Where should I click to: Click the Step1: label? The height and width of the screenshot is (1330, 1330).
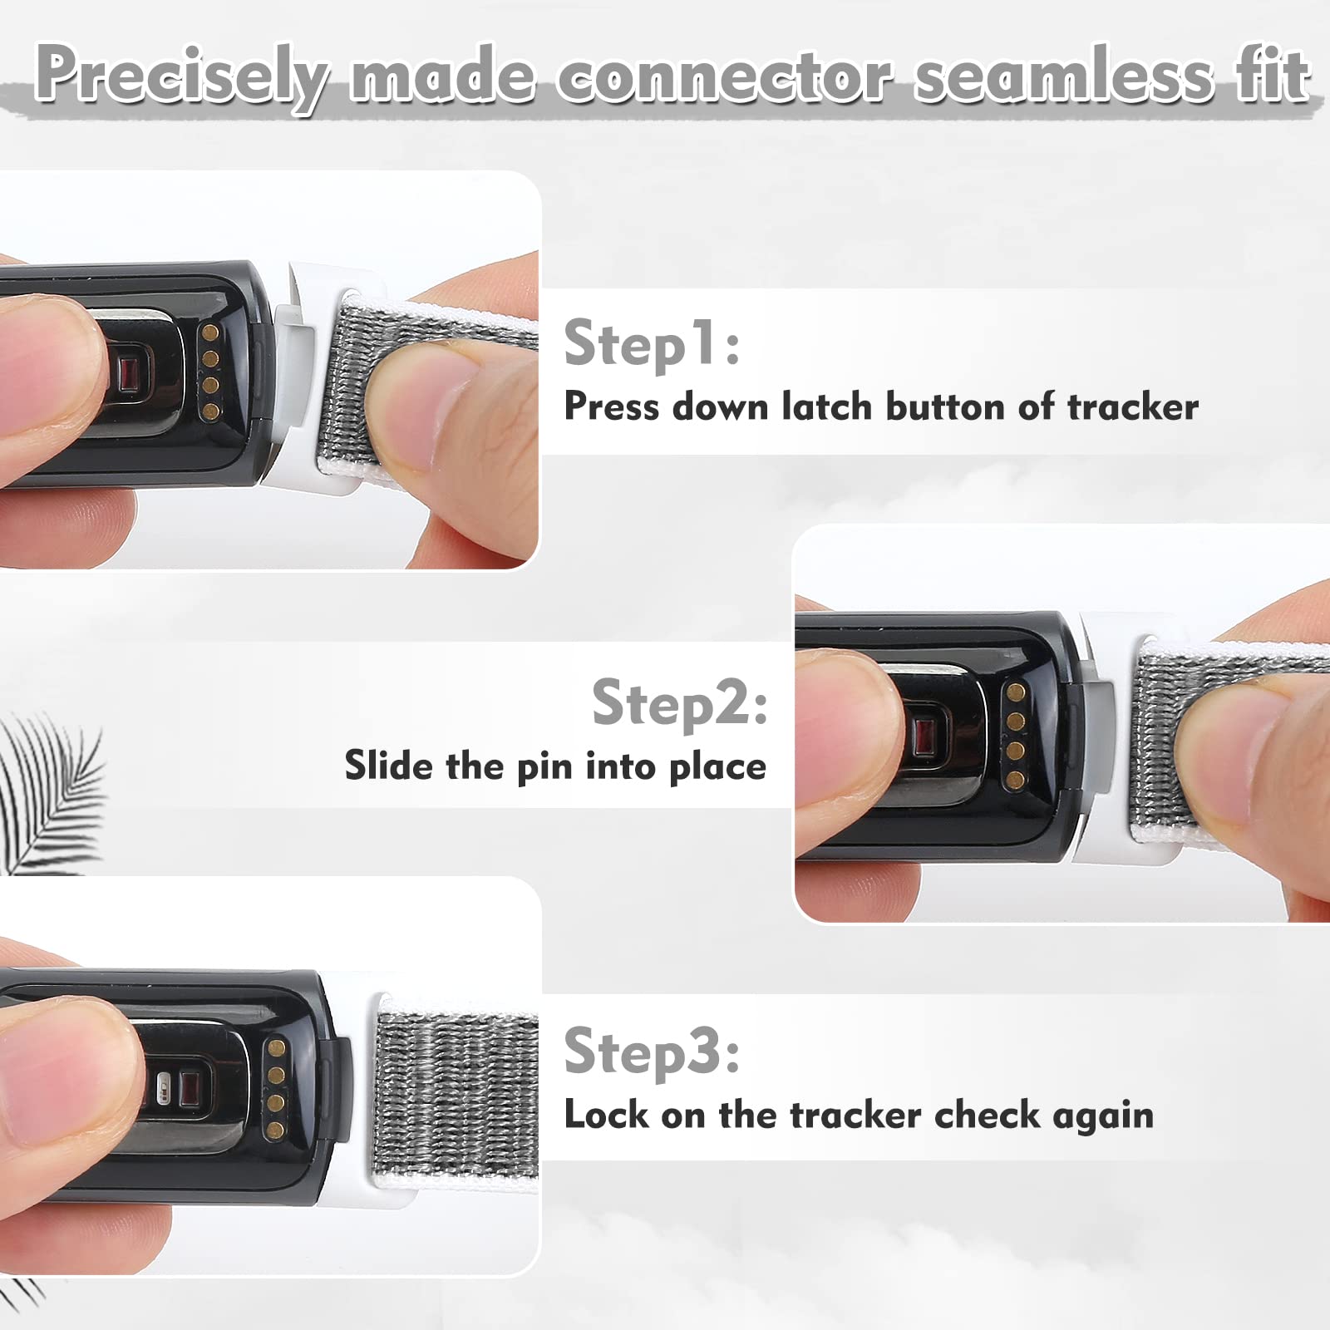(x=651, y=343)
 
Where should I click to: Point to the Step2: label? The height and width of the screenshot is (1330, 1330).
(x=679, y=702)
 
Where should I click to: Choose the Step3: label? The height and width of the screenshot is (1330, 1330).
(x=652, y=1052)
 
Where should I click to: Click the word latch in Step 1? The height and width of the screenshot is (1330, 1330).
(x=827, y=406)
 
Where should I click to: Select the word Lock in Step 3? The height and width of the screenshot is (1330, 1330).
(x=606, y=1115)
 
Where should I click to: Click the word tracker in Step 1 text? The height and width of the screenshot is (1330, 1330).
(x=1132, y=406)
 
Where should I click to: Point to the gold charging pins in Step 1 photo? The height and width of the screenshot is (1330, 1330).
(x=210, y=372)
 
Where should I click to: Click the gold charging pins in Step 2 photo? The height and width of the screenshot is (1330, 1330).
(x=1015, y=736)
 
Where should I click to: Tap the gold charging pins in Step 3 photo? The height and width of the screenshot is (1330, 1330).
(x=276, y=1088)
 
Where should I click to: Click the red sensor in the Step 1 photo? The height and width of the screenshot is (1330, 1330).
(x=129, y=373)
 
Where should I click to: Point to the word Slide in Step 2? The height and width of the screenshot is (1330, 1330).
(x=388, y=765)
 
